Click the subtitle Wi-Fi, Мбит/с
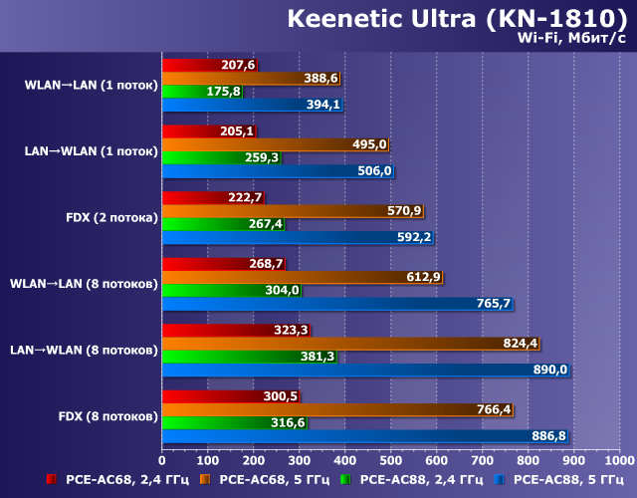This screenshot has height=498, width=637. point(571,39)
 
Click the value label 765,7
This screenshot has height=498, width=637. point(494,304)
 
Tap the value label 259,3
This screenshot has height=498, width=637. point(264,157)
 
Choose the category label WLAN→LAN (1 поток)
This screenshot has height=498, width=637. point(91,85)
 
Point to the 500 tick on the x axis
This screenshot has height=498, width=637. point(391,460)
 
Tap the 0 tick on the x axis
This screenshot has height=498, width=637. point(162,460)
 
